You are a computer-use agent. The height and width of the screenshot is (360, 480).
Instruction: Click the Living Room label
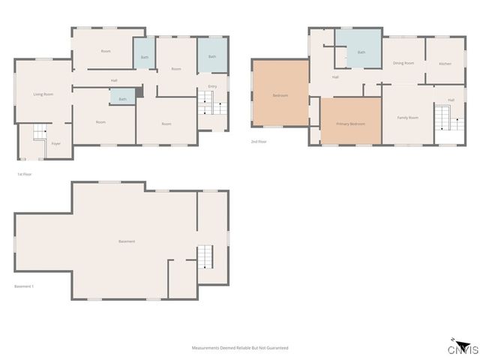tap(43, 94)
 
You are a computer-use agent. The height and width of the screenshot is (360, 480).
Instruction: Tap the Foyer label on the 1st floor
tap(55, 143)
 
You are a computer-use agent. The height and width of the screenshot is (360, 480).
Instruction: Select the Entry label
tap(211, 87)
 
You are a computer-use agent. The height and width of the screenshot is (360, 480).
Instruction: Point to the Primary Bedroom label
tap(350, 124)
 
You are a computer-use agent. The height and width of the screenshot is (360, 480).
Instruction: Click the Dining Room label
tap(403, 63)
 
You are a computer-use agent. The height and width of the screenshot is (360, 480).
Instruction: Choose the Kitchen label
tap(445, 64)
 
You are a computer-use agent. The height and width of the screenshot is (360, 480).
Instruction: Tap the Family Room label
tap(407, 118)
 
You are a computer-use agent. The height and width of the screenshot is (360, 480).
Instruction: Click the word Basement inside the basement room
tap(127, 241)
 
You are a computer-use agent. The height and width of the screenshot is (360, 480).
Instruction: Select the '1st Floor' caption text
tap(24, 174)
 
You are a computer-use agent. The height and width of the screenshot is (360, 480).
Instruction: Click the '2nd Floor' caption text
tap(259, 141)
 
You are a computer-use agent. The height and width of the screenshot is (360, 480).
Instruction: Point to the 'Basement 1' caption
tap(25, 286)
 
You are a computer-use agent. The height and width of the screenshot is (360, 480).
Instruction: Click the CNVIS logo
tap(463, 348)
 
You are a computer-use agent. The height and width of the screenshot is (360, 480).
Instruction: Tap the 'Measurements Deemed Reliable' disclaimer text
tap(240, 348)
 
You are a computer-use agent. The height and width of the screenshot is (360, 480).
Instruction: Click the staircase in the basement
tap(205, 257)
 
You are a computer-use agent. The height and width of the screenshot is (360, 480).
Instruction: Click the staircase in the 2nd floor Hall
tap(443, 118)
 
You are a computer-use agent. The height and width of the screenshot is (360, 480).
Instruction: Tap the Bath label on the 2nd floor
tap(361, 52)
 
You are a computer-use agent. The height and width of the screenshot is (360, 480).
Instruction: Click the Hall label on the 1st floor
tap(114, 81)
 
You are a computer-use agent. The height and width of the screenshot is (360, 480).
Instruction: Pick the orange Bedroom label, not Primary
tap(280, 95)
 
